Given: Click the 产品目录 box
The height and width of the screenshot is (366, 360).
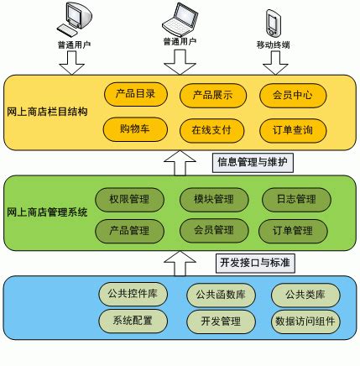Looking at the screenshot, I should coord(135,95).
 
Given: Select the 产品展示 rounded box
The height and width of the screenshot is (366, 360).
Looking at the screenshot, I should coord(211,95).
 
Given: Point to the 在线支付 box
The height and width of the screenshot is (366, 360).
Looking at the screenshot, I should coord(211,130).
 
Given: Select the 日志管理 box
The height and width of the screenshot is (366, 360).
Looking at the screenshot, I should coord(290,200).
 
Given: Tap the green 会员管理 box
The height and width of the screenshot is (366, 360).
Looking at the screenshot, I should coord(213,229).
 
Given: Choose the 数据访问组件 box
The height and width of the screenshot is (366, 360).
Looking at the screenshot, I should coord(305,322).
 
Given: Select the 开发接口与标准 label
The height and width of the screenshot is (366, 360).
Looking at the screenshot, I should coord(254,263).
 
